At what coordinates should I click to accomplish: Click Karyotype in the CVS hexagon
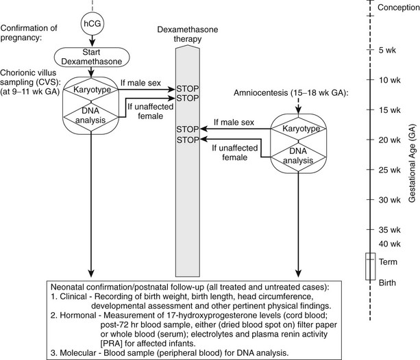pos(91,89)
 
